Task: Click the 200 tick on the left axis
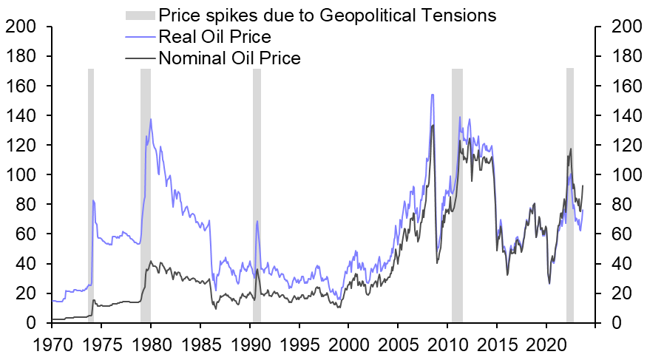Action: coord(19,27)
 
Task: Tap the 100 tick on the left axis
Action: coord(19,175)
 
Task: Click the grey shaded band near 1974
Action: coord(91,196)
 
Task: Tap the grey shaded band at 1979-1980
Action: coord(146,196)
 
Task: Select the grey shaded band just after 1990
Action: coord(257,196)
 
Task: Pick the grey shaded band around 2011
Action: coord(457,196)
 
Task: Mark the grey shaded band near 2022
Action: coord(570,196)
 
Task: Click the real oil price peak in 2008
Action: coord(432,95)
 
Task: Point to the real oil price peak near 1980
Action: coord(151,119)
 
